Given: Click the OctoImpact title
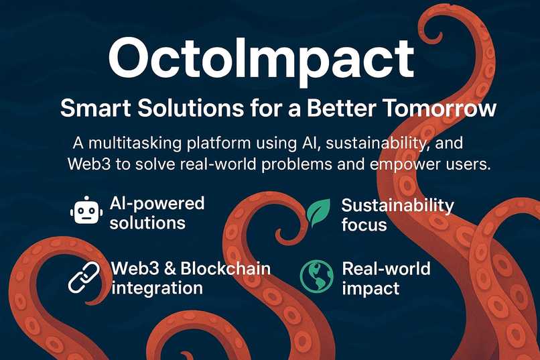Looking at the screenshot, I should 261,60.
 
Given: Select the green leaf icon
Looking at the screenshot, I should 318,213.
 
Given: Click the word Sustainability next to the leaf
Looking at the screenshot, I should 397,204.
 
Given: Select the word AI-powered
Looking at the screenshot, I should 156,203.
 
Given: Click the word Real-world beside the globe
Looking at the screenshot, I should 386,269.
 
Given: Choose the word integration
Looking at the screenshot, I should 157,288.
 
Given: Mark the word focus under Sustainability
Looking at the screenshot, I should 364,224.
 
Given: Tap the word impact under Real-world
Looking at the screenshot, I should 370,288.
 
